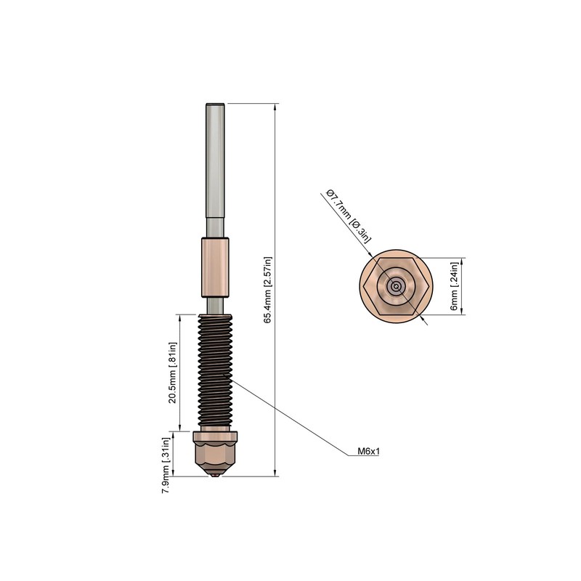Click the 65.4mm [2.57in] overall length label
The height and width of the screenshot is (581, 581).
[x=267, y=290]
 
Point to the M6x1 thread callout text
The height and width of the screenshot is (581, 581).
[x=370, y=451]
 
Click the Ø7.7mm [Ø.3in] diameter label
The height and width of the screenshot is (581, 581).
[x=349, y=216]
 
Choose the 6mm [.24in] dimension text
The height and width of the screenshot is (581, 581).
[x=455, y=286]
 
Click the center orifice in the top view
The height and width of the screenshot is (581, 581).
[x=396, y=286]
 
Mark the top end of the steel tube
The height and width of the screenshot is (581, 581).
[x=214, y=105]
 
